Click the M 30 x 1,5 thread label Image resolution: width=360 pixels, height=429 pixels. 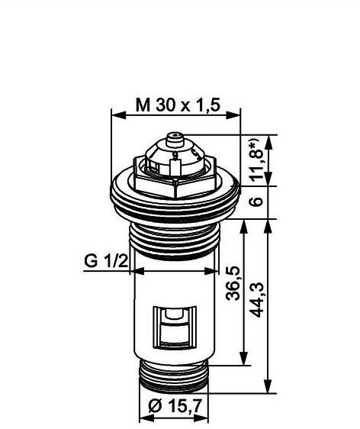[178, 105]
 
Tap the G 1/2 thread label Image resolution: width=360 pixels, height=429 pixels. [106, 261]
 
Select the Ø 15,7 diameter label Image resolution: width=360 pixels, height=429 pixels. [175, 406]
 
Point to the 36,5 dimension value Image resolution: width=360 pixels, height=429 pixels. [233, 282]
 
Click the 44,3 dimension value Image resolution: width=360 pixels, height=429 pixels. [257, 299]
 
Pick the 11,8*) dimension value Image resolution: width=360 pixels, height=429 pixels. [258, 160]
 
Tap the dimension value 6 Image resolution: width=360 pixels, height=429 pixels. [257, 202]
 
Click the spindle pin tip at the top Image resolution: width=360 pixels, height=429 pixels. [175, 135]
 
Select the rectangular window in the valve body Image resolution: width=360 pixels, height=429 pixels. [175, 327]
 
